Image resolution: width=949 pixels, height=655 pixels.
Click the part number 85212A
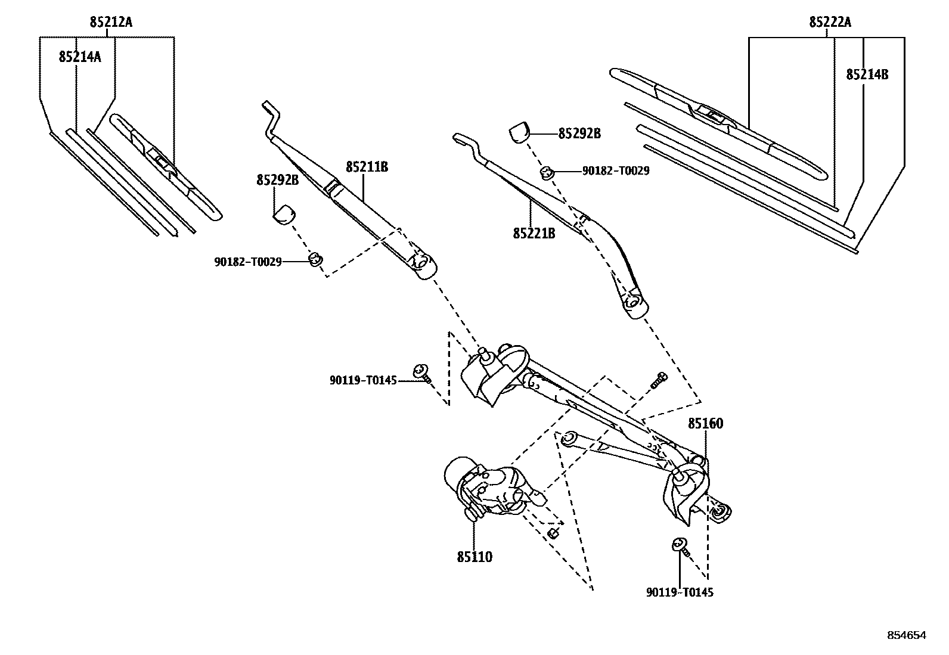click(x=111, y=23)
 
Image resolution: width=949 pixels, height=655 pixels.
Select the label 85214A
click(x=80, y=57)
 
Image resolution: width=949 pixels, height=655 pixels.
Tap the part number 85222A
click(x=830, y=23)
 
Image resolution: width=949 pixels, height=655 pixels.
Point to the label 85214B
click(x=867, y=74)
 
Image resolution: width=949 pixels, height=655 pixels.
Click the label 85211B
click(x=367, y=167)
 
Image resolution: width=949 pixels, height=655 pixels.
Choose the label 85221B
click(x=534, y=234)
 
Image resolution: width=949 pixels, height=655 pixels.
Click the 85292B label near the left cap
click(x=277, y=180)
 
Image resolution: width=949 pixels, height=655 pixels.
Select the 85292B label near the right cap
click(x=579, y=134)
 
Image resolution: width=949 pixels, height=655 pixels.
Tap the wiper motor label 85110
click(x=474, y=557)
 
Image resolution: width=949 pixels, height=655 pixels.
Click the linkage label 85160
click(x=705, y=424)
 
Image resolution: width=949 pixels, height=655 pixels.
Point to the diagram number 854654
click(x=907, y=635)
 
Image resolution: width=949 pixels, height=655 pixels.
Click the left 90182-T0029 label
click(x=248, y=262)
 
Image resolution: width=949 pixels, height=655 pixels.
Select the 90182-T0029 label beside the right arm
click(x=616, y=171)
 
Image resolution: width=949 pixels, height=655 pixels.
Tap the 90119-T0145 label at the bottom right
click(x=680, y=592)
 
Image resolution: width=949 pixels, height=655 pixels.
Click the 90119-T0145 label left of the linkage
click(x=363, y=380)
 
